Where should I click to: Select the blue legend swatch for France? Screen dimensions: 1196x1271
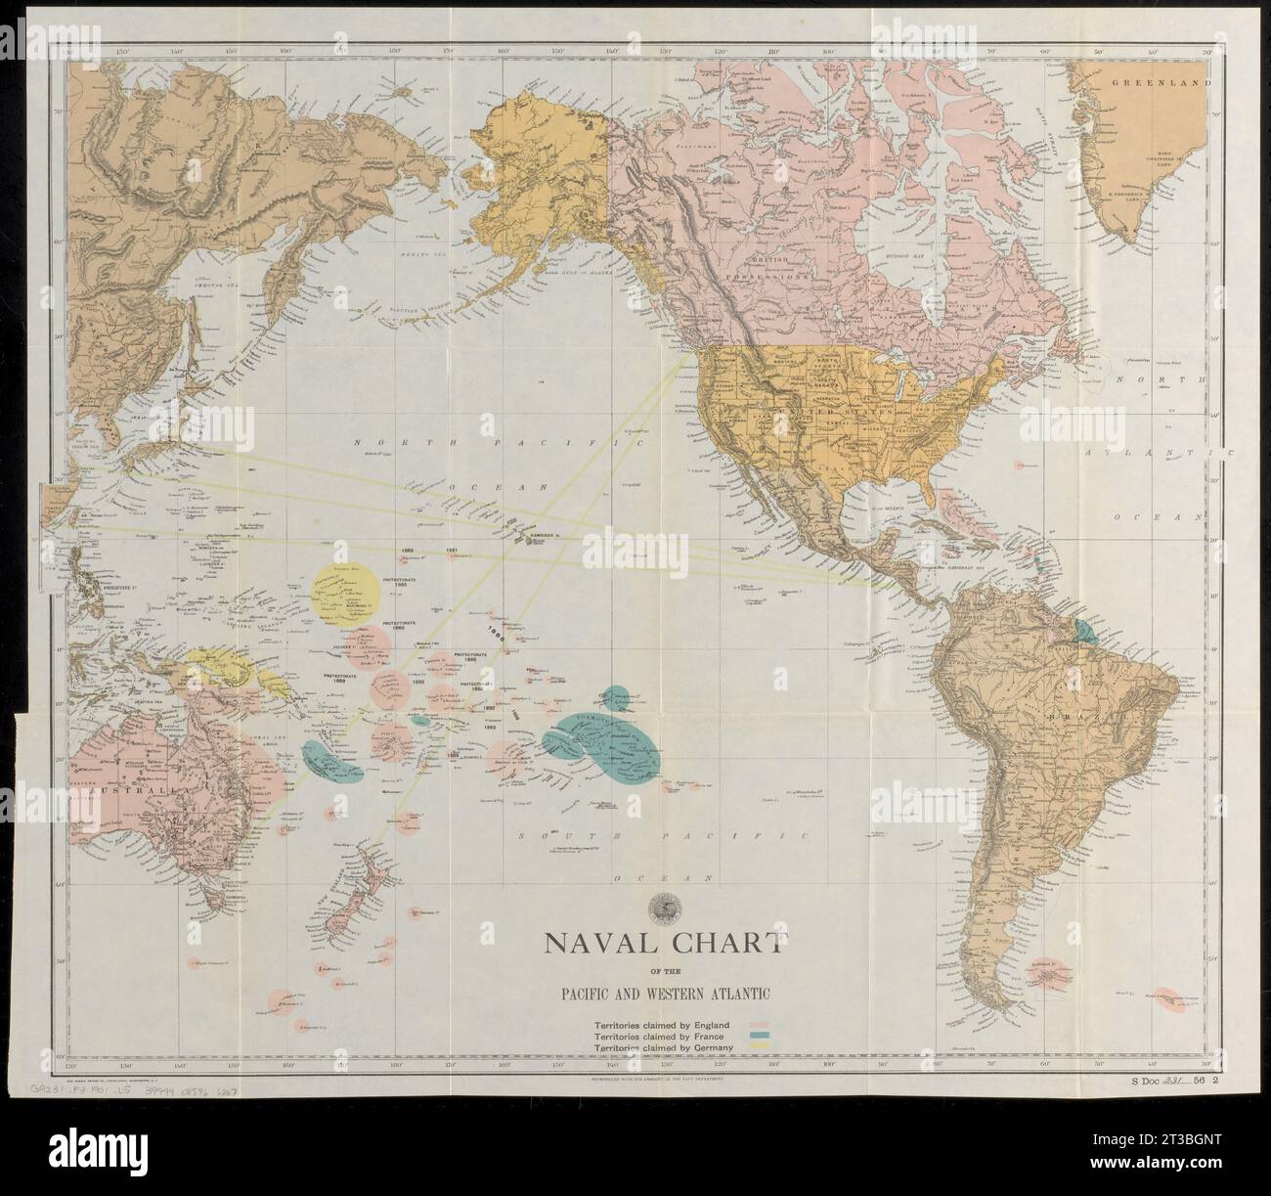[x=761, y=1035]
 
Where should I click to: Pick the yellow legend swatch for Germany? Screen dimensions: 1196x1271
[x=761, y=1047]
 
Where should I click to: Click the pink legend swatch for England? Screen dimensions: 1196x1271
[x=761, y=1023]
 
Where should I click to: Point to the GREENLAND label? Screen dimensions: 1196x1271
[x=1154, y=85]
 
